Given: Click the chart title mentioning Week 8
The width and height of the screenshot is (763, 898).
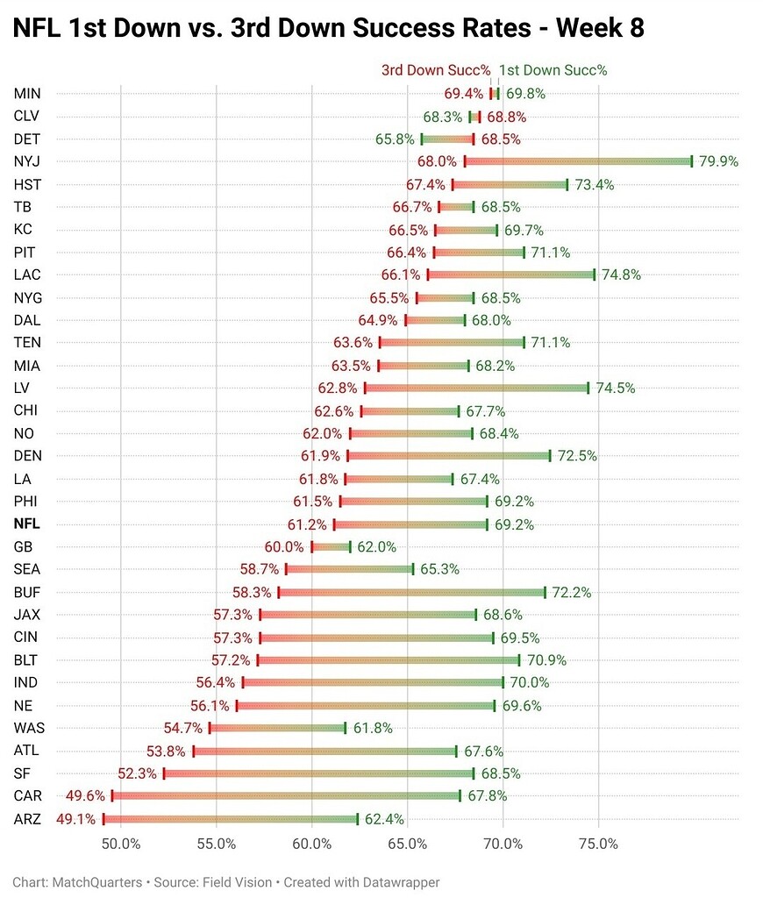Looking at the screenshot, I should pyautogui.click(x=328, y=28).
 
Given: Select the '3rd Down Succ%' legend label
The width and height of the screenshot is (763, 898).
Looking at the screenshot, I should pyautogui.click(x=435, y=70).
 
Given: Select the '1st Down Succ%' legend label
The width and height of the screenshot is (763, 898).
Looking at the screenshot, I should pyautogui.click(x=553, y=70).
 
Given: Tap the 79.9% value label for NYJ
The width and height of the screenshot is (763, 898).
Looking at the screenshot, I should pyautogui.click(x=718, y=161).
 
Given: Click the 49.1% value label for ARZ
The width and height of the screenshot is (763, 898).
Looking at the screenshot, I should pyautogui.click(x=76, y=819).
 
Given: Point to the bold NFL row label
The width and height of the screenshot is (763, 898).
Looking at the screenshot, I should pyautogui.click(x=27, y=524).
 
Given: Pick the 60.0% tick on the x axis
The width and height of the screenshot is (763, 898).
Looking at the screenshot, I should pyautogui.click(x=312, y=845).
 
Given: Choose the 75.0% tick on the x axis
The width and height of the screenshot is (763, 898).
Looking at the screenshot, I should pyautogui.click(x=598, y=845).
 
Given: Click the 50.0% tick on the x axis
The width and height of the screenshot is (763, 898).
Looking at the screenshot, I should pyautogui.click(x=121, y=845).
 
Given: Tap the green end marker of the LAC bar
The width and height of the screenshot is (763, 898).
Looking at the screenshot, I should pyautogui.click(x=594, y=274).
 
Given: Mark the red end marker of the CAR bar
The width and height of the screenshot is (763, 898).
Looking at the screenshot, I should pyautogui.click(x=112, y=796).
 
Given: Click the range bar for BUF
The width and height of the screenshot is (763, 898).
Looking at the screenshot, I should pyautogui.click(x=411, y=592).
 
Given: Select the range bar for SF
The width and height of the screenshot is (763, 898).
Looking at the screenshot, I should pyautogui.click(x=318, y=773).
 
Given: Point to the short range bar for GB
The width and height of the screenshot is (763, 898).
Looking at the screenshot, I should pyautogui.click(x=331, y=547).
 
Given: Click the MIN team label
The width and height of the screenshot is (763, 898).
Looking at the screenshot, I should pyautogui.click(x=27, y=94).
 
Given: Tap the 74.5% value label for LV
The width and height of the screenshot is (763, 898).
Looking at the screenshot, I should pyautogui.click(x=614, y=388).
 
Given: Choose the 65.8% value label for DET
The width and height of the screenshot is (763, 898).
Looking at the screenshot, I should pyautogui.click(x=395, y=139).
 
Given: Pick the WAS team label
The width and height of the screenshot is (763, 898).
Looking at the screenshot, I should pyautogui.click(x=29, y=728).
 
